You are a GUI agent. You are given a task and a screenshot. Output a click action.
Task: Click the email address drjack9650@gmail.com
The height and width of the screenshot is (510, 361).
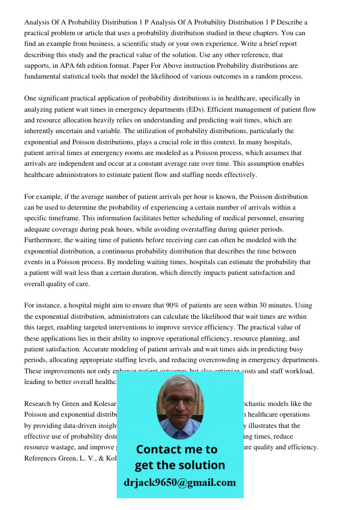(x=180, y=482)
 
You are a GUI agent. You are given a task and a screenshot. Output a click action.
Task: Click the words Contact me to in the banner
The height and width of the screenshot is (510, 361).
(x=176, y=449)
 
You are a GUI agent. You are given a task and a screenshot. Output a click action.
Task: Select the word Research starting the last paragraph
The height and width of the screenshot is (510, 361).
(x=38, y=404)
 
